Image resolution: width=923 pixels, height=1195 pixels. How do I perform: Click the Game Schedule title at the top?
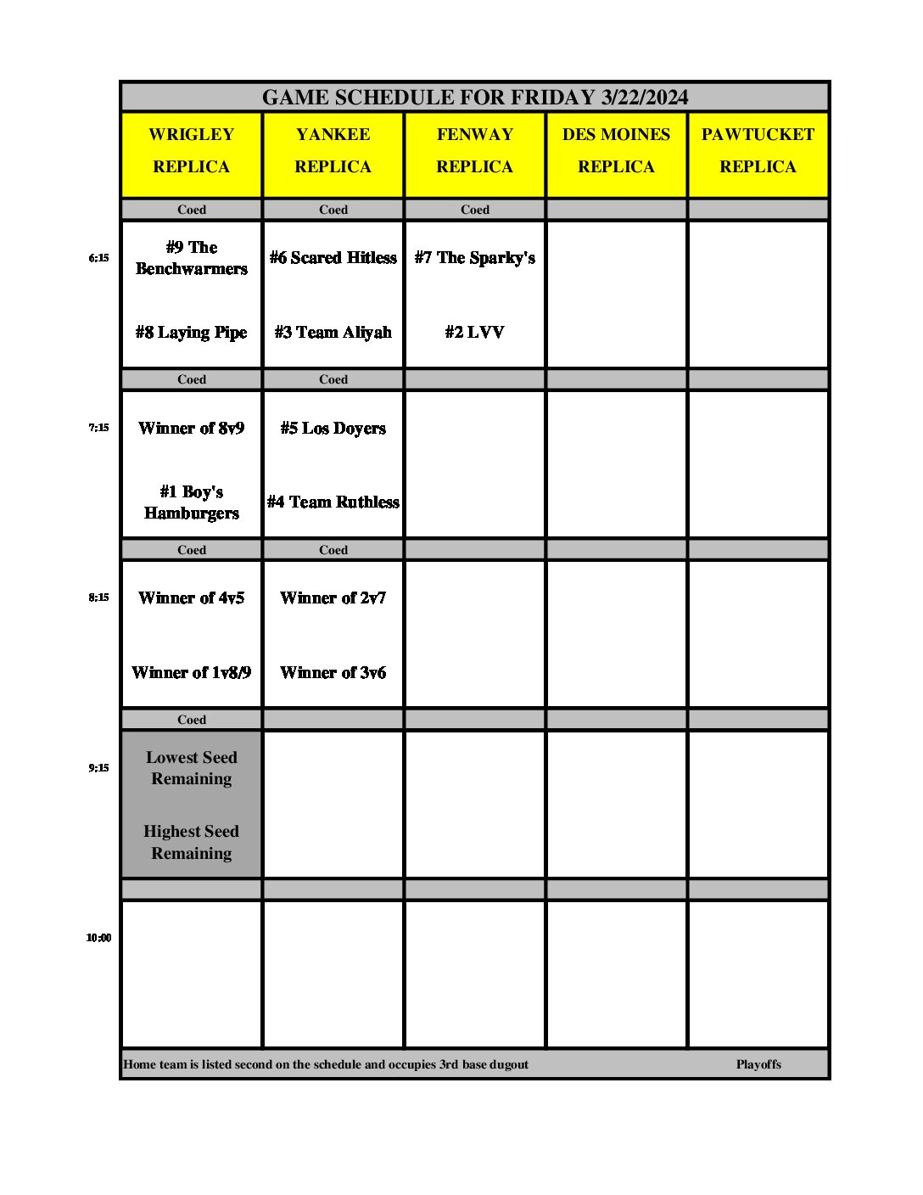474,98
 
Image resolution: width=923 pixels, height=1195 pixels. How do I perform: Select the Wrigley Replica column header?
192,150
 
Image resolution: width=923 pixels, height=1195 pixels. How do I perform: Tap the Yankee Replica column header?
333,150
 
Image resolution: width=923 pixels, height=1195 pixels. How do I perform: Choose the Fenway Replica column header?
475,150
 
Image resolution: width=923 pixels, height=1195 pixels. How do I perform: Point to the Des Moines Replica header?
616,150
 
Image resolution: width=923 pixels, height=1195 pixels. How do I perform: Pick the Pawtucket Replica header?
758,150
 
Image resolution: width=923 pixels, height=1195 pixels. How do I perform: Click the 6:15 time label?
98,258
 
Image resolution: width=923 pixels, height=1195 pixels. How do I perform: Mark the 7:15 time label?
98,428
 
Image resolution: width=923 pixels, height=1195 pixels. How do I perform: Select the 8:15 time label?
98,597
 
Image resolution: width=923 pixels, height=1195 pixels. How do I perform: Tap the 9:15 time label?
98,768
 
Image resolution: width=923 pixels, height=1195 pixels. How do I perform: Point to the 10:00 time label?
98,938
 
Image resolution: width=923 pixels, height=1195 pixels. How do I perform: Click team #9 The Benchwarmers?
192,258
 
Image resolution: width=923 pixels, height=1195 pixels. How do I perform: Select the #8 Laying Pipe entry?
192,333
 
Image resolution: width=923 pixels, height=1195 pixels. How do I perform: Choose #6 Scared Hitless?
333,258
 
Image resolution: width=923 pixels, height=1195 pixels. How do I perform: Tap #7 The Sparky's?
475,258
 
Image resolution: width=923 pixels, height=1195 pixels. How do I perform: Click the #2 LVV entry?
475,333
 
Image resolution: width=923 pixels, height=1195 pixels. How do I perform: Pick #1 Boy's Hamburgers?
192,502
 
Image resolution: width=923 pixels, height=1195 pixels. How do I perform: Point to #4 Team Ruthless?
333,502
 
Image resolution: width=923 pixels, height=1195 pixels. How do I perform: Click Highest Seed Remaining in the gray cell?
192,842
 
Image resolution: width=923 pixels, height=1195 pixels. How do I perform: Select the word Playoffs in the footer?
758,1064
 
